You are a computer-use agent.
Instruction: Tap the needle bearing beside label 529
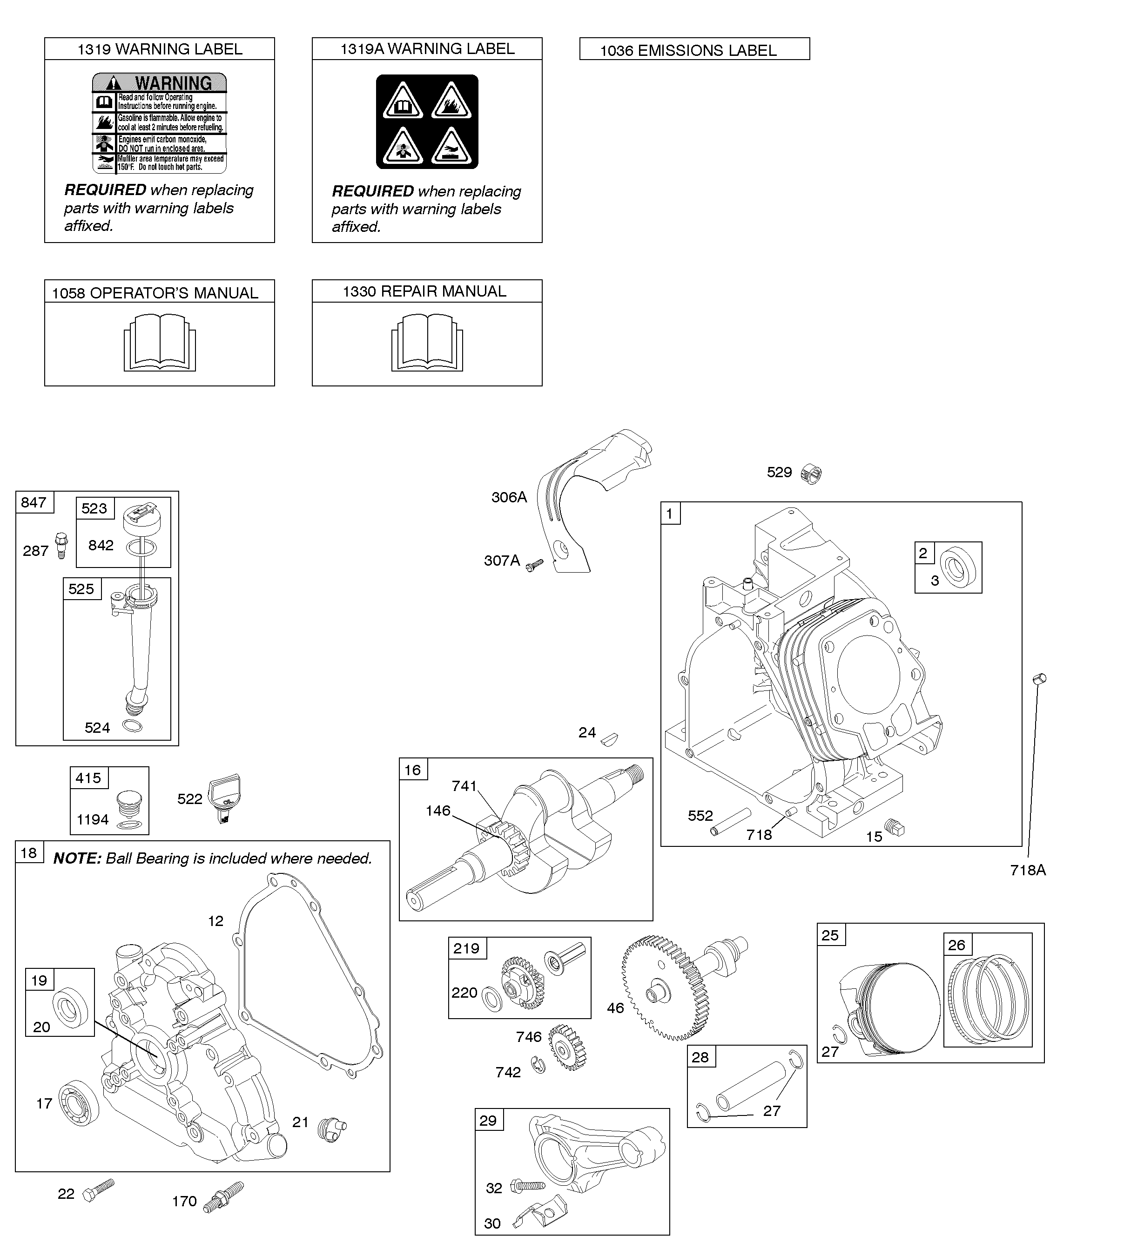pyautogui.click(x=812, y=474)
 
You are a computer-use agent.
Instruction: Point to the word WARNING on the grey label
pyautogui.click(x=173, y=83)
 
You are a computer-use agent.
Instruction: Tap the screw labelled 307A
pyautogui.click(x=535, y=563)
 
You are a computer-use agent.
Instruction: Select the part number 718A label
pyautogui.click(x=1028, y=870)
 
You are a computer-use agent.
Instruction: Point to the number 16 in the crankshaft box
pyautogui.click(x=412, y=770)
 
